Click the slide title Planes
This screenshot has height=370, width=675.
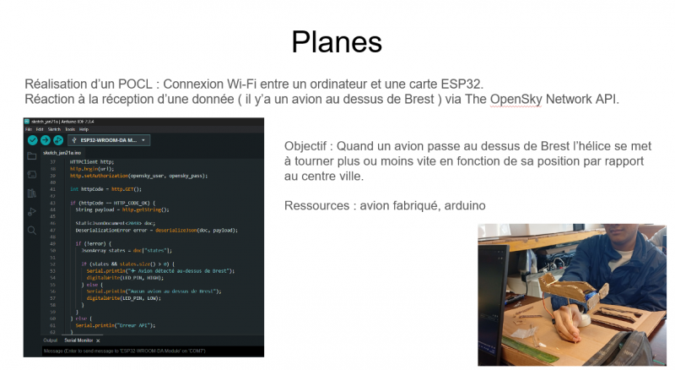coord(337,41)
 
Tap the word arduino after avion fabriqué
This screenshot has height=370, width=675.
coord(463,205)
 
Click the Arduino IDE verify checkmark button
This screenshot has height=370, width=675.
coord(32,139)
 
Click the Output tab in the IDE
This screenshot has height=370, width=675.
coord(51,340)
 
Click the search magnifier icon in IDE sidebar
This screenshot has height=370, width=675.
coord(32,230)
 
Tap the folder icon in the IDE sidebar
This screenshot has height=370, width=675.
coord(32,156)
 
